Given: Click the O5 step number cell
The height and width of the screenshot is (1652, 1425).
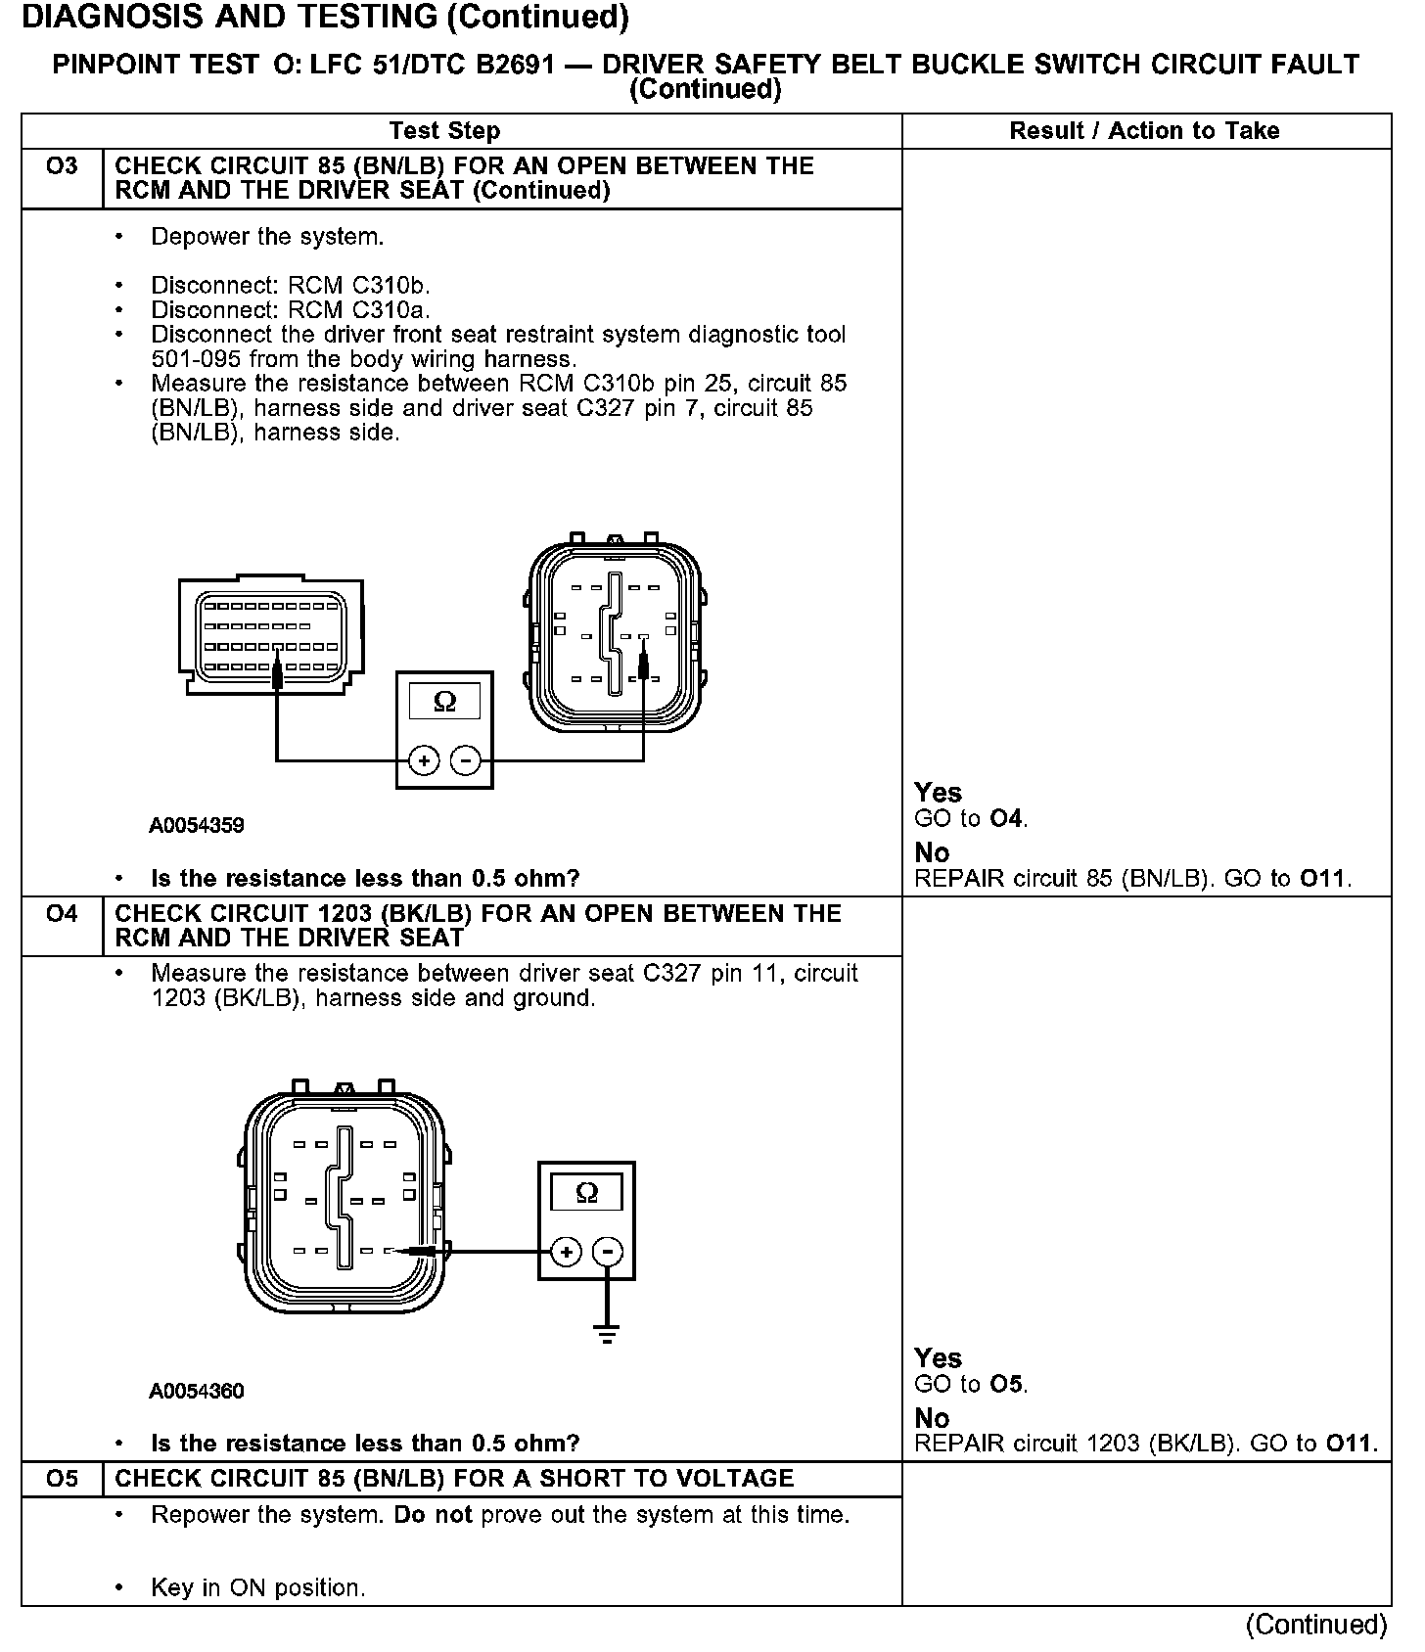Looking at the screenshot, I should pyautogui.click(x=62, y=1479).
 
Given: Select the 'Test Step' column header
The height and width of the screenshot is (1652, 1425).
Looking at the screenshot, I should pyautogui.click(x=444, y=131).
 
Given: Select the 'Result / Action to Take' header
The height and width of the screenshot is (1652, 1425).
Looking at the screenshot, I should pyautogui.click(x=1144, y=131).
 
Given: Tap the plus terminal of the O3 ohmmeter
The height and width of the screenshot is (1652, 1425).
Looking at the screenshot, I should pyautogui.click(x=424, y=760).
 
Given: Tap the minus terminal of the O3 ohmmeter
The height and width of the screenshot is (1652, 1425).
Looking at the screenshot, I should pyautogui.click(x=465, y=760).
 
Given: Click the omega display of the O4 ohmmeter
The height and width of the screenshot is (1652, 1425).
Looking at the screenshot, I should pyautogui.click(x=586, y=1193).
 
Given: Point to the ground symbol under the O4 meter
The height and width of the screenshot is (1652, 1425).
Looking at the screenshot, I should pyautogui.click(x=608, y=1334).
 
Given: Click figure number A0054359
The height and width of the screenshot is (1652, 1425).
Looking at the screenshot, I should pyautogui.click(x=197, y=826).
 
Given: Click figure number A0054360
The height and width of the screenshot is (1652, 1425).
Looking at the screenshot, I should pyautogui.click(x=197, y=1392).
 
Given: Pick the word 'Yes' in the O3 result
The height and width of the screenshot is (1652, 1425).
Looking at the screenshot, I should pyautogui.click(x=938, y=793).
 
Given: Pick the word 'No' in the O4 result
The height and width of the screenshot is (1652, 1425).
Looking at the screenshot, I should pyautogui.click(x=932, y=1418).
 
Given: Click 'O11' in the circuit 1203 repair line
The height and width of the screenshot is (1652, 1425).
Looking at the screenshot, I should pyautogui.click(x=1351, y=1444).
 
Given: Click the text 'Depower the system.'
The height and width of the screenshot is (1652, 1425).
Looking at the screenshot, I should pyautogui.click(x=267, y=237).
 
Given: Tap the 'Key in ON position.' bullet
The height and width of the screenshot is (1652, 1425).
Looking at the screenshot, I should pyautogui.click(x=257, y=1587).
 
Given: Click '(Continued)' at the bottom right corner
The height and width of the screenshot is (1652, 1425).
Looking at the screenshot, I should pyautogui.click(x=1316, y=1626).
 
